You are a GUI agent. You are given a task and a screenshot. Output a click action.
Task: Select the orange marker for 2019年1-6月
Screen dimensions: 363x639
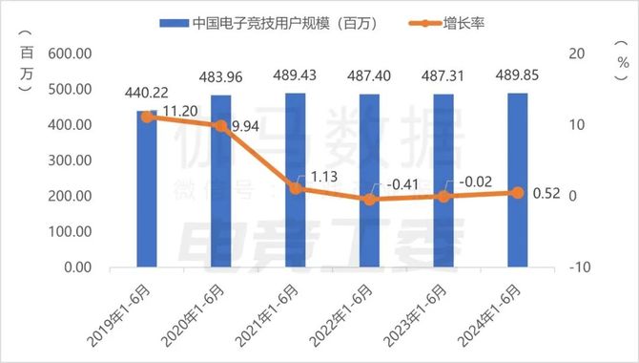click(x=147, y=117)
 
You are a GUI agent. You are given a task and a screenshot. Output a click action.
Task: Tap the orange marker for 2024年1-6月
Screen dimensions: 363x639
click(x=517, y=192)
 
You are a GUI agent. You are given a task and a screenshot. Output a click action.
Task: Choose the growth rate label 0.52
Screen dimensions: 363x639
click(x=545, y=195)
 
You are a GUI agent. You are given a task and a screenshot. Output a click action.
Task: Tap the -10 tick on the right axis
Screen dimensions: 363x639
click(x=574, y=267)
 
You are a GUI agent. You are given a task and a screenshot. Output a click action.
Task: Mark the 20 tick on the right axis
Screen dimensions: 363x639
click(x=574, y=54)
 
